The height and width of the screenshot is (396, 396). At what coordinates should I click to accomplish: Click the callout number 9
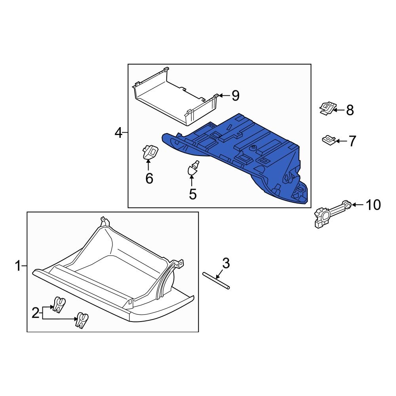[236, 95]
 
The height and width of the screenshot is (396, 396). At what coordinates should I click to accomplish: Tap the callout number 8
[350, 110]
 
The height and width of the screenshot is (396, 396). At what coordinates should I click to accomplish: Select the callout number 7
[352, 141]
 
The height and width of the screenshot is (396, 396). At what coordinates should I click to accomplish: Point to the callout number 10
[373, 205]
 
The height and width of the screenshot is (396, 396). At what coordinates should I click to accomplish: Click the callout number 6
[149, 179]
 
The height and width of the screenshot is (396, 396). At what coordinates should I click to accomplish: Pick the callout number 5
[192, 194]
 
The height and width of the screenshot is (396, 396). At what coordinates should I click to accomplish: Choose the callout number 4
[118, 133]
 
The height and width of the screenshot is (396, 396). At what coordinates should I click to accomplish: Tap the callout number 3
[226, 263]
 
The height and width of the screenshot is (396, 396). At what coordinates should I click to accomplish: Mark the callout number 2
[36, 313]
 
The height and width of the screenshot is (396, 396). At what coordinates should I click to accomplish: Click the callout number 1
[17, 266]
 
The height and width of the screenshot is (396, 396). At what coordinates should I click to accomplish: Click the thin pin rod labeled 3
[216, 282]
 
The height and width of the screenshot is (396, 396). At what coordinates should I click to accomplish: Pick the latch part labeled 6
[149, 153]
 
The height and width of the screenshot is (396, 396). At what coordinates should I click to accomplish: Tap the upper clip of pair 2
[59, 304]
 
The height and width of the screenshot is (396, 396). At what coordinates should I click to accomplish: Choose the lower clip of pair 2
[82, 319]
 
